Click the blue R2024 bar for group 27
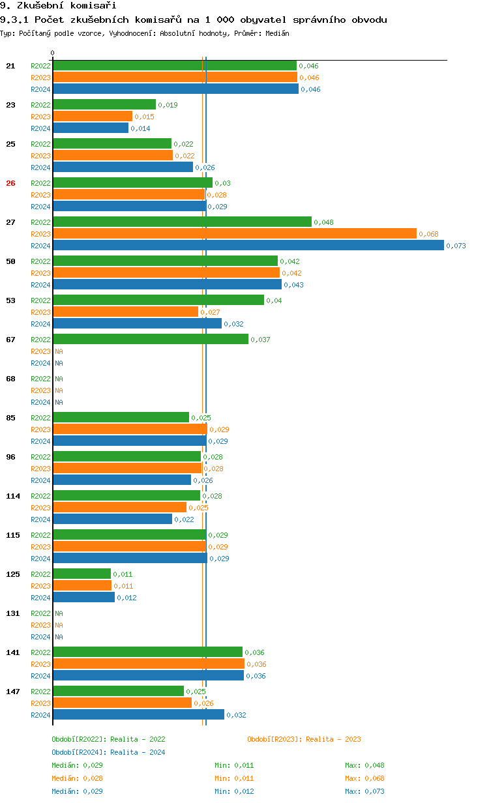pos(248,245)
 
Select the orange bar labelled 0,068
pos(234,233)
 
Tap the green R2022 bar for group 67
pos(150,339)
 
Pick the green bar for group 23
pos(104,104)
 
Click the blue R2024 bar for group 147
pos(138,714)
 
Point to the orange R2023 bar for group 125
pos(82,585)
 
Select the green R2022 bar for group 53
pos(158,300)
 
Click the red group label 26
pos(10,183)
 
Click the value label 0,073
pos(456,246)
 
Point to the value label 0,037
pos(260,340)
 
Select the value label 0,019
pos(168,105)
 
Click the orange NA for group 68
pos(59,390)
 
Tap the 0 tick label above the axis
pos(53,53)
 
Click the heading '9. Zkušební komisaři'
pos(58,6)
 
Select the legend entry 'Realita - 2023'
pos(304,739)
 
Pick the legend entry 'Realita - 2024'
pos(108,752)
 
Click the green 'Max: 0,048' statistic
pos(364,765)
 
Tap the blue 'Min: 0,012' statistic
pos(234,791)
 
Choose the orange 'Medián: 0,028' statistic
pos(77,778)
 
